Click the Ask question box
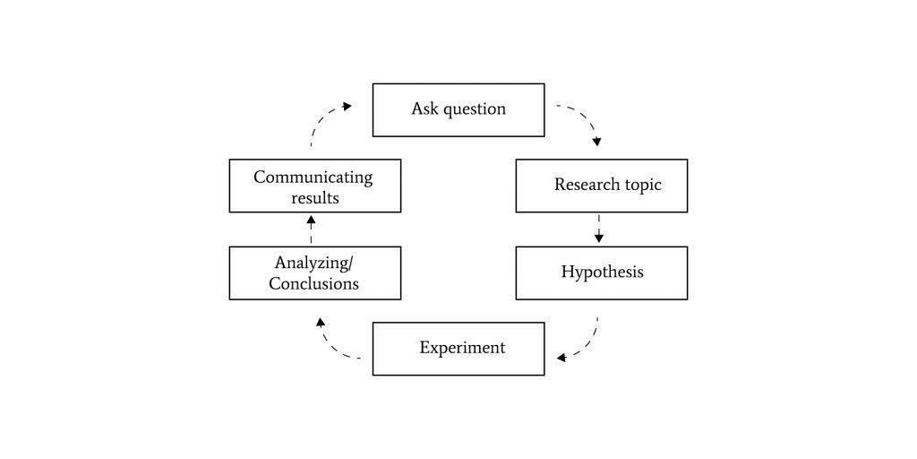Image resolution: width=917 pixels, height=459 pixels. [x=458, y=110]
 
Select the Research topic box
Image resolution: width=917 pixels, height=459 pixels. [x=602, y=186]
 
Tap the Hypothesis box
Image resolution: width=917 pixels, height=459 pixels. [x=602, y=273]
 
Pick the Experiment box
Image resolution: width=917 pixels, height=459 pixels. [x=458, y=349]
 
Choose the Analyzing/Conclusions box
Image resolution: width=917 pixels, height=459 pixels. [x=315, y=273]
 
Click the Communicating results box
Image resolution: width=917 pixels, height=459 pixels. [x=315, y=186]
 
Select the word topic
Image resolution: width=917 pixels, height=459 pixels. [x=642, y=186]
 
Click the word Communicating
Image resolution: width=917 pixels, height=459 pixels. [x=313, y=178]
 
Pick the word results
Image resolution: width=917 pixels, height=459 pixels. [x=315, y=198]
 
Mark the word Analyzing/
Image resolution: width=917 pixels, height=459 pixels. [x=313, y=264]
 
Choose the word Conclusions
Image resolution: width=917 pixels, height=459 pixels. [x=313, y=284]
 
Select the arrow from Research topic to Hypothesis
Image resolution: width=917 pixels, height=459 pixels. [x=598, y=229]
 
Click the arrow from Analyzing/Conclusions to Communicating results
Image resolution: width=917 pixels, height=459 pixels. [x=311, y=229]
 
